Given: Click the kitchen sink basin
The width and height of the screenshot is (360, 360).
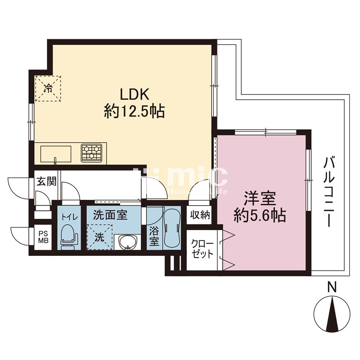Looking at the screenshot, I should pyautogui.click(x=56, y=153).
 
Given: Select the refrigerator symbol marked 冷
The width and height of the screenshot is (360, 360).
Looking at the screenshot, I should pyautogui.click(x=48, y=89).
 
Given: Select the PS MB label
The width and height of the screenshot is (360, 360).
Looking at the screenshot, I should pyautogui.click(x=43, y=237).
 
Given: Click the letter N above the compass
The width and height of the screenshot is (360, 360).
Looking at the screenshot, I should pyautogui.click(x=332, y=288).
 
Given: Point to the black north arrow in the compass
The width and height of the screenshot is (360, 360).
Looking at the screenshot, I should pyautogui.click(x=332, y=311).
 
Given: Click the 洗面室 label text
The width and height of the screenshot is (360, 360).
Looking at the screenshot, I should pyautogui.click(x=110, y=215).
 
